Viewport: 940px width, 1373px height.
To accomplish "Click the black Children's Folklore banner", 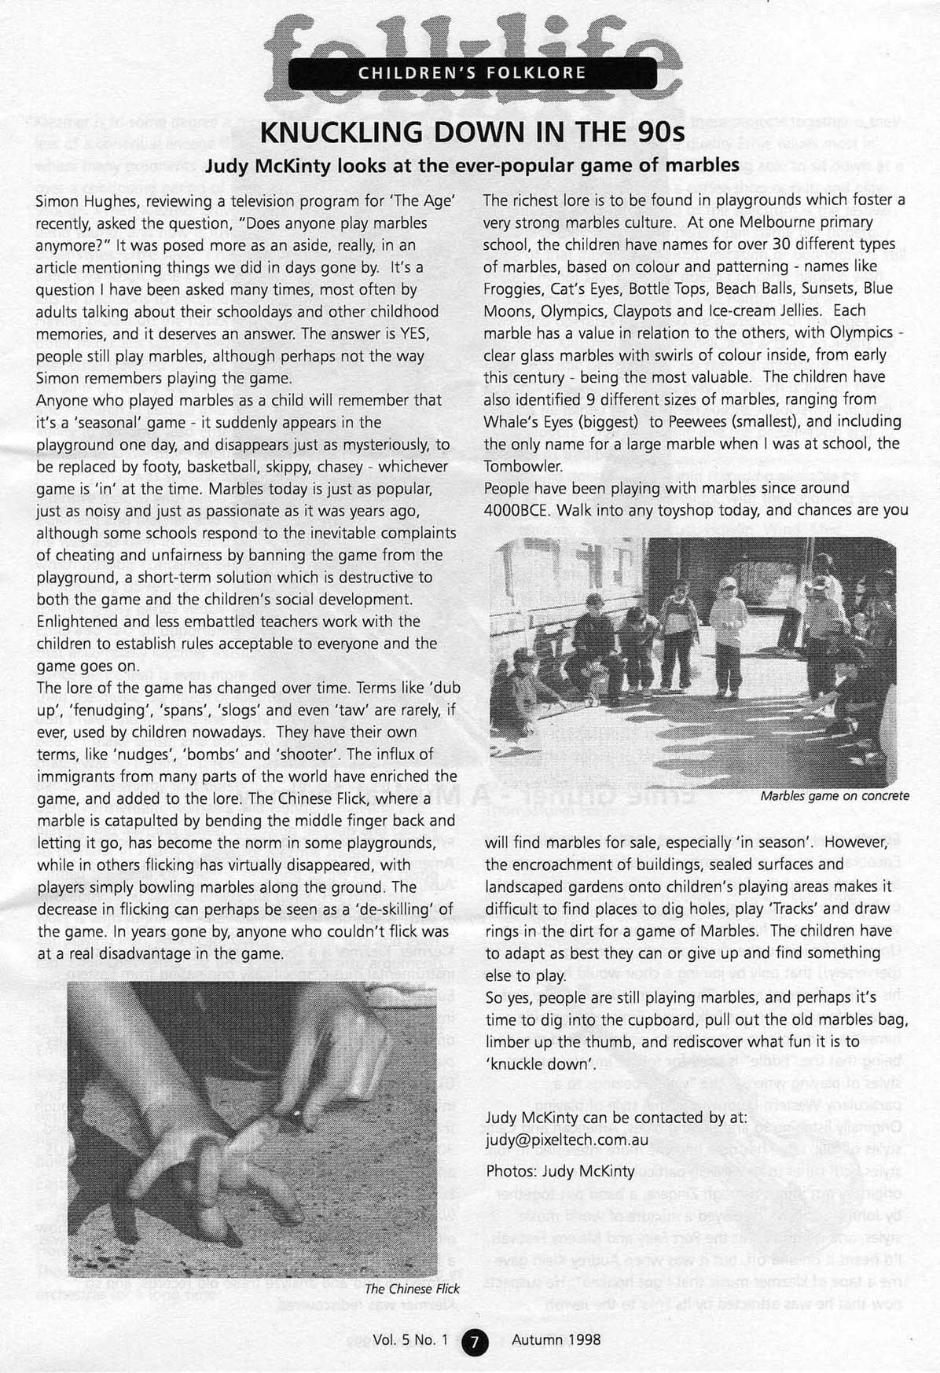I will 472,73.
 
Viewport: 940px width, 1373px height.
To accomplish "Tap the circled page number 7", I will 476,1340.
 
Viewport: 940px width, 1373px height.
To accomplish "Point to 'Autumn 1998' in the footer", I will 556,1340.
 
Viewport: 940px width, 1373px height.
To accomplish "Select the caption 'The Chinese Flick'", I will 412,1288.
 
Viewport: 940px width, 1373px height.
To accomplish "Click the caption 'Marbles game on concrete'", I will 834,796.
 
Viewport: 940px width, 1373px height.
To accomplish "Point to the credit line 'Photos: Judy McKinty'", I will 560,1170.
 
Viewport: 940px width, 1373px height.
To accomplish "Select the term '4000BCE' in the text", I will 522,509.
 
